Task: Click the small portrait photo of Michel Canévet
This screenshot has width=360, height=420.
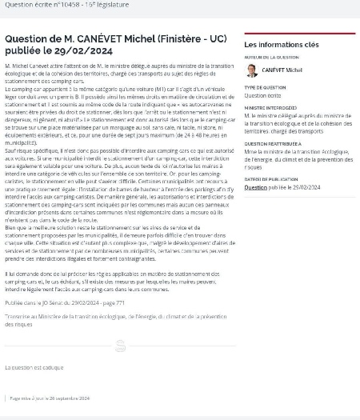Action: (252, 70)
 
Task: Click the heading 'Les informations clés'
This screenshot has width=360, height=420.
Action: (281, 45)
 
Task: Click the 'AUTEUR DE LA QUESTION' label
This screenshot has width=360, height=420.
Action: (272, 58)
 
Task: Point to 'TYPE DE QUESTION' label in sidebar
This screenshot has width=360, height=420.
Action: (265, 87)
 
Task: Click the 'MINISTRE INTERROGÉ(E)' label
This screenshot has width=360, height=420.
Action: (271, 107)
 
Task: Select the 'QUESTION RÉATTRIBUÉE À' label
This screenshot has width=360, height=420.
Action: (273, 144)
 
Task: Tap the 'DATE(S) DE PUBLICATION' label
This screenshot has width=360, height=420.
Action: (271, 180)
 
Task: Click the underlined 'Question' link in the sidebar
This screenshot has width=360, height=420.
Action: (256, 187)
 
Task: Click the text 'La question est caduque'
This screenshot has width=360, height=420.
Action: (34, 367)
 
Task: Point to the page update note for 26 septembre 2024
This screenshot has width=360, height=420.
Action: (50, 398)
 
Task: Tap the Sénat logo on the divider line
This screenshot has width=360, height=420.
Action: (120, 346)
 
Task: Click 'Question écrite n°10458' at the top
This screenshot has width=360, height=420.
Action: (37, 4)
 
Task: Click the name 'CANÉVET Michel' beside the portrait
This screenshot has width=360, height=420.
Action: (282, 70)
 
